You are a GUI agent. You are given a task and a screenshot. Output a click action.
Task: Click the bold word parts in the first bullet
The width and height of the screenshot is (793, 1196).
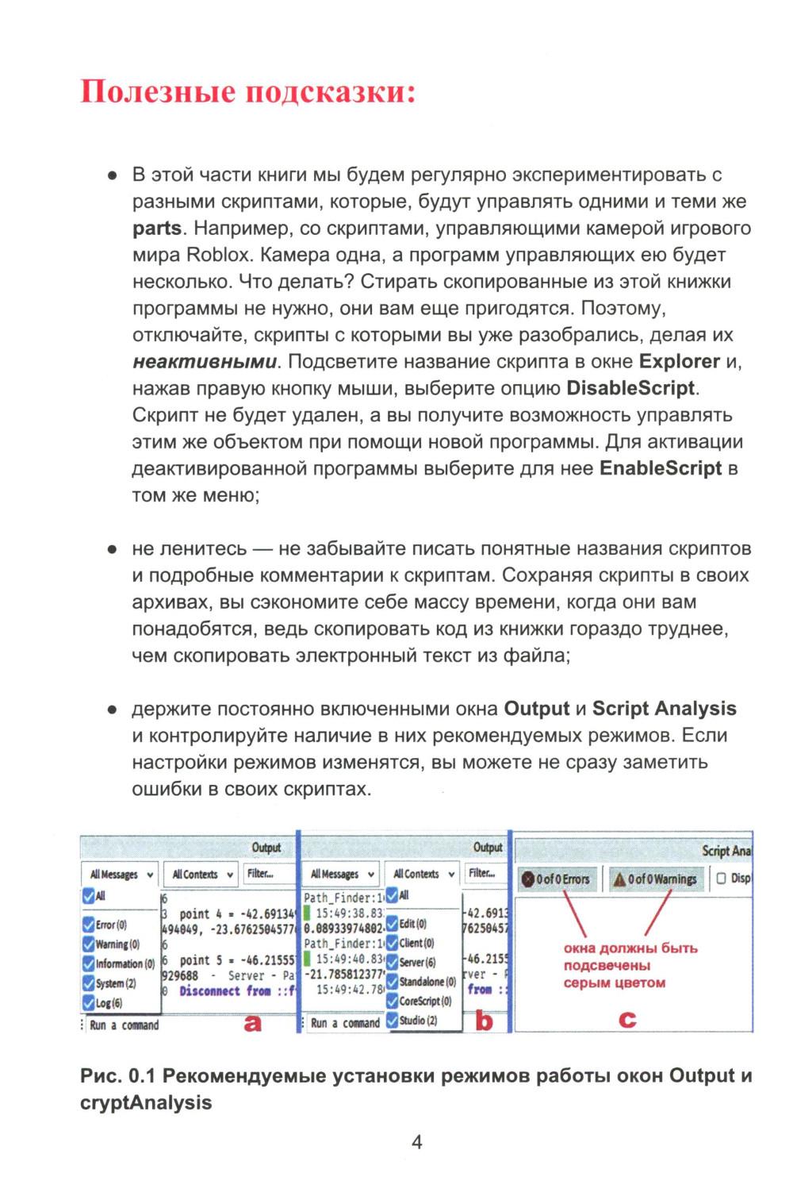[157, 229]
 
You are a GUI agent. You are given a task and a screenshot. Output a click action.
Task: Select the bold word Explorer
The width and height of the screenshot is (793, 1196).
[680, 362]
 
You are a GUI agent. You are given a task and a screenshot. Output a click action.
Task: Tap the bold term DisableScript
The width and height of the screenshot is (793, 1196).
[630, 389]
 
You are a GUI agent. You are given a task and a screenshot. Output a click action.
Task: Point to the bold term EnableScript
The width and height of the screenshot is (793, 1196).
[661, 468]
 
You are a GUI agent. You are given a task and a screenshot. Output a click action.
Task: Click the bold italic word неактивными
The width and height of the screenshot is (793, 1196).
[205, 362]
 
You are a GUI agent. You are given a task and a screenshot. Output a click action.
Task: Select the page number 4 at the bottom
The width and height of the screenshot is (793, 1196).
[417, 1142]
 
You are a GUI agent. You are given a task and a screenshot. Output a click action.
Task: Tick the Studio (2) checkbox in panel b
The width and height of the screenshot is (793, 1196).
[392, 1021]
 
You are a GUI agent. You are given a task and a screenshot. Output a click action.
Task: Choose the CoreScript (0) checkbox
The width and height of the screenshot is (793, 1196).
[392, 1001]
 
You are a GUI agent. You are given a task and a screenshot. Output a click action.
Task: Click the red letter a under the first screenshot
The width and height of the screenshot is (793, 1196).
[252, 1023]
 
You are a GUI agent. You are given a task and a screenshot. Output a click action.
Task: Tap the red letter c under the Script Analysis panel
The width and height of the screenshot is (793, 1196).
[627, 1019]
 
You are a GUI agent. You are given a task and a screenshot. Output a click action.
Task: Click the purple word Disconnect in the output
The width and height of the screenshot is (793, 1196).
[209, 991]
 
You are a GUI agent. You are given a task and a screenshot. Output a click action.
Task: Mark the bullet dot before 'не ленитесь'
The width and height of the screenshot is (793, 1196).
[113, 549]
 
